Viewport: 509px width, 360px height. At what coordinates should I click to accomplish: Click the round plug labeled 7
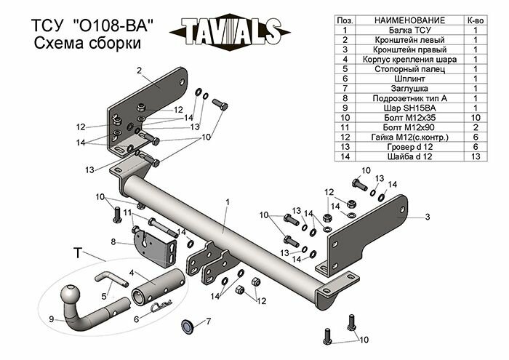187,324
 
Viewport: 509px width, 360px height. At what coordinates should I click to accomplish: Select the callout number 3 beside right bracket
428,216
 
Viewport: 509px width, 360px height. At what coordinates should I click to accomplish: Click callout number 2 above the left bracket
137,70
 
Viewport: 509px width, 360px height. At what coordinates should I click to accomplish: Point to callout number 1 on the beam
228,201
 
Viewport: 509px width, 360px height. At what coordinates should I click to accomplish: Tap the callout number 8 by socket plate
113,241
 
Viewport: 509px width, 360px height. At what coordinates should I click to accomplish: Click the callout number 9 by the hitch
51,318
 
